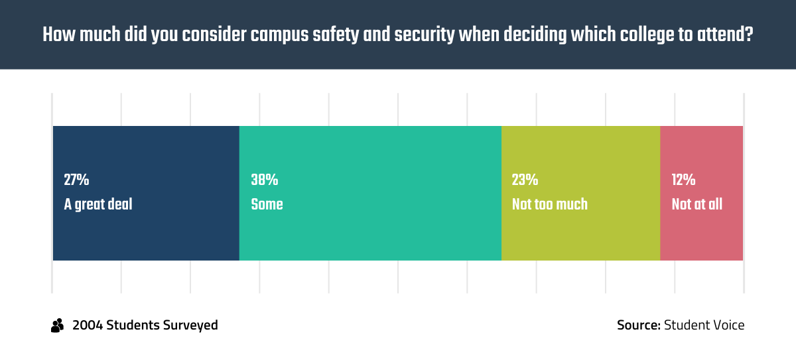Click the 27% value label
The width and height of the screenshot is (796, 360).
[x=76, y=180]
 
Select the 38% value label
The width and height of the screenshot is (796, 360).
[x=264, y=180]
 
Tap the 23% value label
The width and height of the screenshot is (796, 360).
[x=525, y=180]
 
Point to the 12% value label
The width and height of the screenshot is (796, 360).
[x=683, y=180]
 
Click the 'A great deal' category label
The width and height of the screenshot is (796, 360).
[x=98, y=204]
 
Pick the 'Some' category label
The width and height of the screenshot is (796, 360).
[x=267, y=204]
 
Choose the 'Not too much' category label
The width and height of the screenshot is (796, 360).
[x=549, y=204]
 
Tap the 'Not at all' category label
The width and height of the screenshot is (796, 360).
[x=696, y=204]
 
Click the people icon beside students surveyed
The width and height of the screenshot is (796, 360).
[x=58, y=326]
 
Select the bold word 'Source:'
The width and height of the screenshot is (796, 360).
[x=638, y=326]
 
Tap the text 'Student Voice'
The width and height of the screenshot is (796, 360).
[x=704, y=326]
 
